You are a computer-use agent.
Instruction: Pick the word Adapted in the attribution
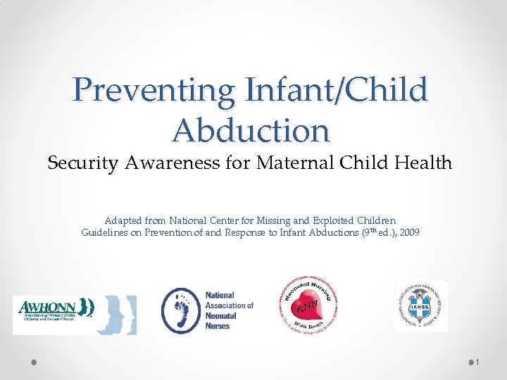click(122, 220)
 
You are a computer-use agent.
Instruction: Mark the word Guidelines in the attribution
click(104, 232)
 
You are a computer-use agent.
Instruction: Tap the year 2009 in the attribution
click(408, 232)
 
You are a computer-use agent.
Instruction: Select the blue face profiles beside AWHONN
click(115, 315)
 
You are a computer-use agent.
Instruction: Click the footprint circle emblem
click(180, 310)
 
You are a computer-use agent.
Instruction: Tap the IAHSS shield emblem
click(420, 305)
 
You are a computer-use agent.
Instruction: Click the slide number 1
click(477, 362)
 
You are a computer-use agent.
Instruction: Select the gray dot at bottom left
click(34, 362)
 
